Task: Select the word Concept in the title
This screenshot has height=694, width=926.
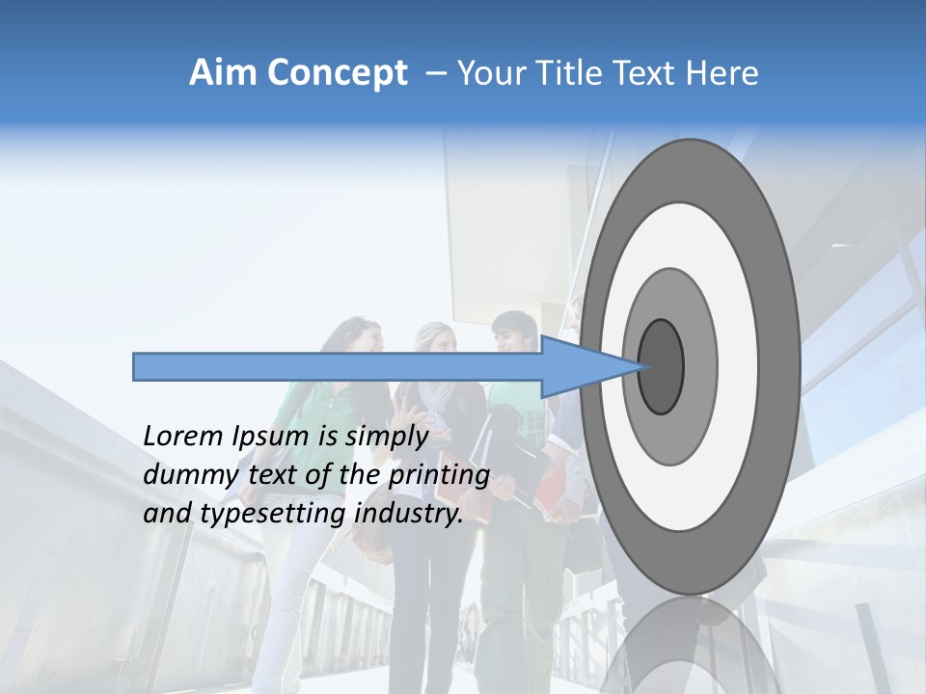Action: coord(337,74)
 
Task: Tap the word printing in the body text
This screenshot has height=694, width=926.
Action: coord(439,476)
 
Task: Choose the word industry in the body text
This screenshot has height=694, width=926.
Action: coord(409,514)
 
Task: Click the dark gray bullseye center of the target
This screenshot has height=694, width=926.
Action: coord(661,367)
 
